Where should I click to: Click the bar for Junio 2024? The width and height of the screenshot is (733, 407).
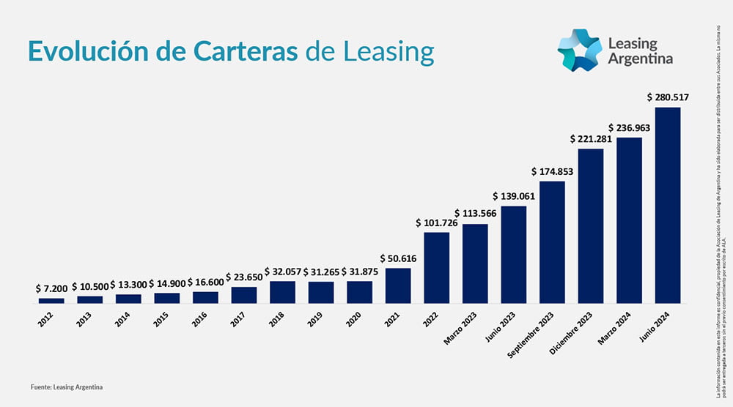667,205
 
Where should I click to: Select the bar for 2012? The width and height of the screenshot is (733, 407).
51,300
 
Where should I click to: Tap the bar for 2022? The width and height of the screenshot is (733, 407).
437,267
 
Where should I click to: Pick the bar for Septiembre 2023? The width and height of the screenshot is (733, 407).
552,242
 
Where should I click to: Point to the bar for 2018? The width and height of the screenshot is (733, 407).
282,292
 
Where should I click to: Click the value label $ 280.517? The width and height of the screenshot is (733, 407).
668,97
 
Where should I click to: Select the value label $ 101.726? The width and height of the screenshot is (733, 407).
437,222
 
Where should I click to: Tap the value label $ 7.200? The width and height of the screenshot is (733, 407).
51,289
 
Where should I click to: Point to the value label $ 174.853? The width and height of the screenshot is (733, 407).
552,171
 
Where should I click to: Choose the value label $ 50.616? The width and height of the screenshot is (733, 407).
398,258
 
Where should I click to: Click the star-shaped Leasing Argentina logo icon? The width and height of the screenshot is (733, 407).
579,51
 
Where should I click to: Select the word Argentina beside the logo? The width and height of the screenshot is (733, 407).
640,59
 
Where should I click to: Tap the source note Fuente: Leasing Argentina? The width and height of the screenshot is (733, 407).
67,386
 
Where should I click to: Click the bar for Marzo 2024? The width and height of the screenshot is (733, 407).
629,220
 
